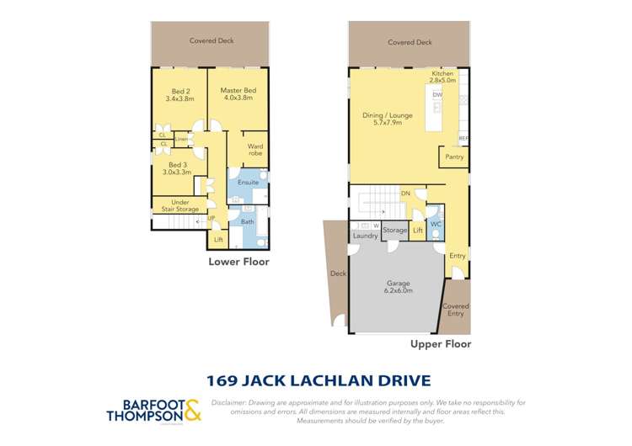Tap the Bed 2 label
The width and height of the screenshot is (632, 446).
pyautogui.click(x=180, y=94)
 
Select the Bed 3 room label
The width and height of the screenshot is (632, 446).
pyautogui.click(x=179, y=168)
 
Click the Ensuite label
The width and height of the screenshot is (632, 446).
pyautogui.click(x=248, y=182)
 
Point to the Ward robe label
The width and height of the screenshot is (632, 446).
pyautogui.click(x=254, y=150)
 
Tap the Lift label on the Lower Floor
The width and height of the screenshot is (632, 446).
pyautogui.click(x=218, y=240)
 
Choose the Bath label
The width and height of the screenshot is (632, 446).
pyautogui.click(x=248, y=222)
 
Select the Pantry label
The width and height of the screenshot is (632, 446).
pyautogui.click(x=454, y=157)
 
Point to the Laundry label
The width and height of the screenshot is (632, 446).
pyautogui.click(x=366, y=236)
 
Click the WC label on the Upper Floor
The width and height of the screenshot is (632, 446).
pyautogui.click(x=436, y=225)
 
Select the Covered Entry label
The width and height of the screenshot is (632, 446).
pyautogui.click(x=455, y=310)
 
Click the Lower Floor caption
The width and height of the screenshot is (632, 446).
pyautogui.click(x=238, y=262)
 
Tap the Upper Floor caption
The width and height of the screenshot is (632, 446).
pyautogui.click(x=440, y=344)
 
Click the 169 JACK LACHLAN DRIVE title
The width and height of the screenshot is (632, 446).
pyautogui.click(x=316, y=380)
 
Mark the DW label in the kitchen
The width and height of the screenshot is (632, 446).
pyautogui.click(x=437, y=96)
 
